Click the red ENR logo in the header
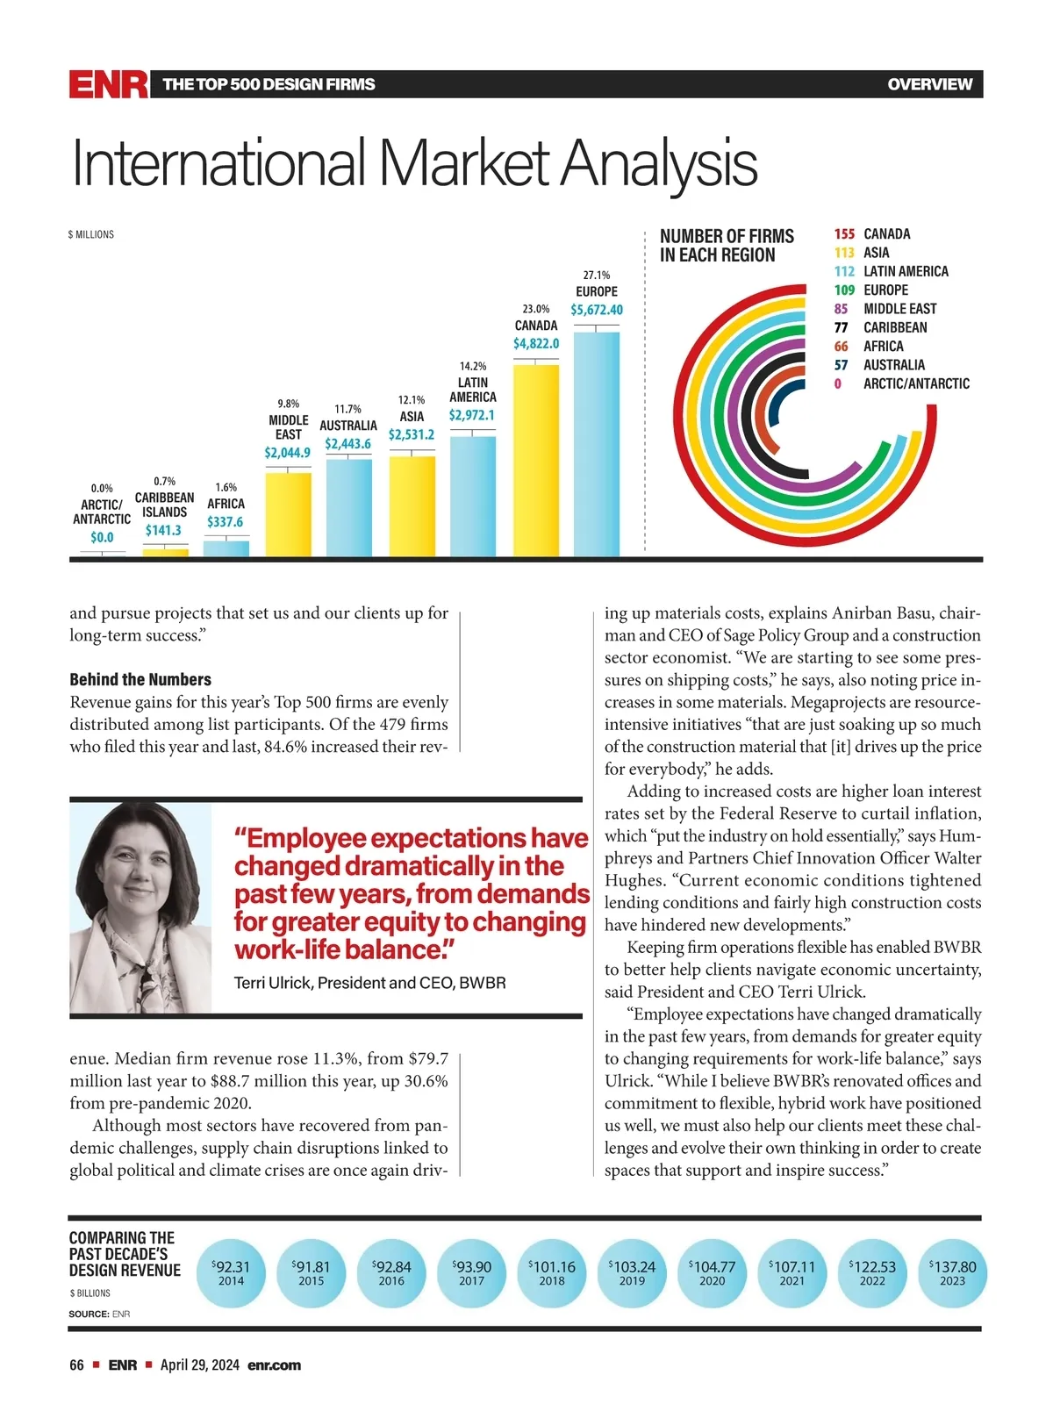click(x=109, y=84)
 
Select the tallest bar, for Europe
click(x=597, y=443)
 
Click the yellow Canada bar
click(x=536, y=460)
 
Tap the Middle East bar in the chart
click(x=288, y=514)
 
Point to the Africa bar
click(x=226, y=548)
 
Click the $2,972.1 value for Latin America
click(x=472, y=415)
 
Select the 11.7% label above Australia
click(x=348, y=409)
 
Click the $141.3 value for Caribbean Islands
click(x=164, y=530)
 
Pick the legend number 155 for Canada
click(x=844, y=234)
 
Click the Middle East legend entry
click(x=899, y=309)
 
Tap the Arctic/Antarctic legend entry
click(x=916, y=383)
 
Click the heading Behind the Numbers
click(x=140, y=679)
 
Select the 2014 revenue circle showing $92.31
click(x=232, y=1272)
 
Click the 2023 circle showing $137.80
click(x=952, y=1272)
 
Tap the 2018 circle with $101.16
click(x=552, y=1272)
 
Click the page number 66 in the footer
click(x=77, y=1365)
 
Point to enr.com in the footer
click(x=274, y=1365)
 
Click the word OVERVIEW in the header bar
click(x=929, y=84)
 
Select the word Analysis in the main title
click(x=659, y=164)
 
